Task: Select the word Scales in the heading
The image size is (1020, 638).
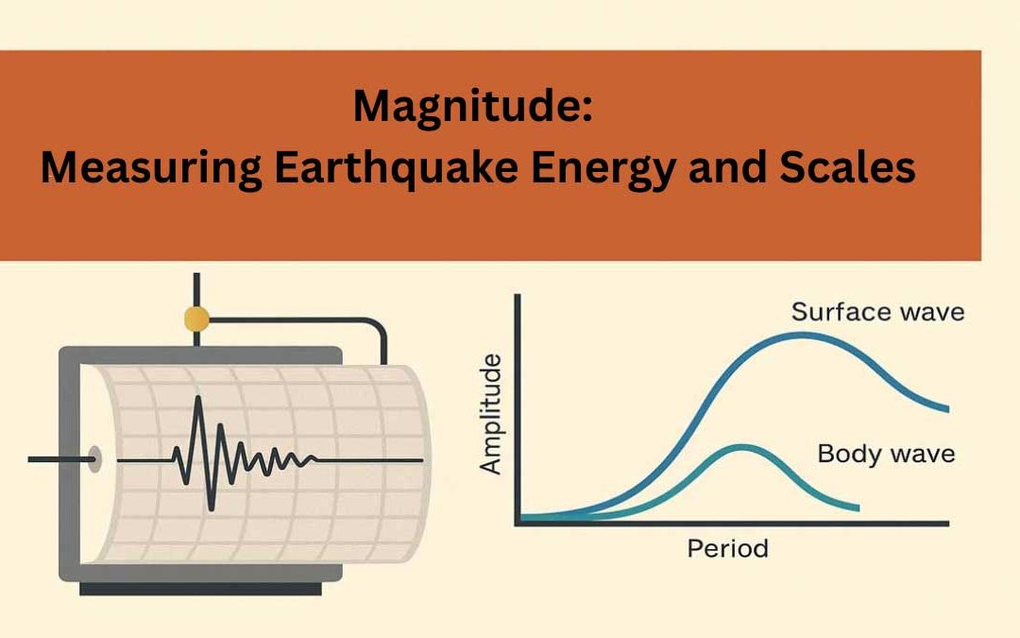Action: point(849,168)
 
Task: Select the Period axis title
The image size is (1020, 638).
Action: point(727,548)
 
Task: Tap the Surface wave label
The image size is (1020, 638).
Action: point(877,312)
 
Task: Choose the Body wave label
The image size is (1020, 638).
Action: point(885,454)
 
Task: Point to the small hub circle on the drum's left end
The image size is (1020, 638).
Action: point(93,460)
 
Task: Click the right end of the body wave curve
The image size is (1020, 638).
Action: point(857,509)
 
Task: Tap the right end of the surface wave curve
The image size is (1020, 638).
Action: point(946,408)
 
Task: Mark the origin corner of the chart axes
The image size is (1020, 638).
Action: point(517,522)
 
